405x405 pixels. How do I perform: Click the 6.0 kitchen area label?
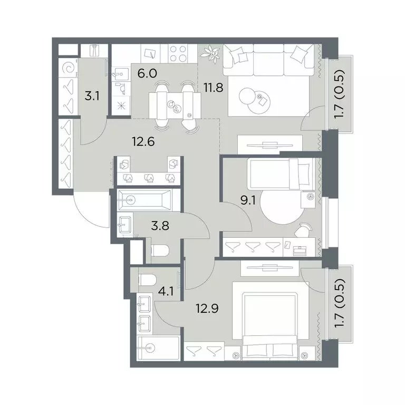pyautogui.click(x=147, y=74)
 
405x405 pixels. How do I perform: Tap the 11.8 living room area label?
pyautogui.click(x=214, y=88)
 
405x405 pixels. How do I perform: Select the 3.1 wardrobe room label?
pyautogui.click(x=92, y=97)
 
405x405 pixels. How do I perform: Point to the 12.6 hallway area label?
pyautogui.click(x=143, y=141)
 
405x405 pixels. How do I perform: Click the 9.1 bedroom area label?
pyautogui.click(x=248, y=200)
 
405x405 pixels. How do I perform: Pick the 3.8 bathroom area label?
pyautogui.click(x=160, y=226)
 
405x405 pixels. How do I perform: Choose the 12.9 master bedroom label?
pyautogui.click(x=207, y=308)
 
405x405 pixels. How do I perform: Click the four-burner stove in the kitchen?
pyautogui.click(x=178, y=53)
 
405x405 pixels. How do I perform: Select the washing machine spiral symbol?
pyautogui.click(x=69, y=69)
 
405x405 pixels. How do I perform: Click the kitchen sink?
pyautogui.click(x=121, y=73)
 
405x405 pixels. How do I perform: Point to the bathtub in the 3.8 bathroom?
pyautogui.click(x=144, y=200)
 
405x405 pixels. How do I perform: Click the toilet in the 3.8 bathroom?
pyautogui.click(x=160, y=250)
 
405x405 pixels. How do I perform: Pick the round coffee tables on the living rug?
pyautogui.click(x=255, y=100)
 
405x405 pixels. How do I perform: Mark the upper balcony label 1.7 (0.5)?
pyautogui.click(x=339, y=94)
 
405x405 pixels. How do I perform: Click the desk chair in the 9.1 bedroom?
pyautogui.click(x=303, y=230)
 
